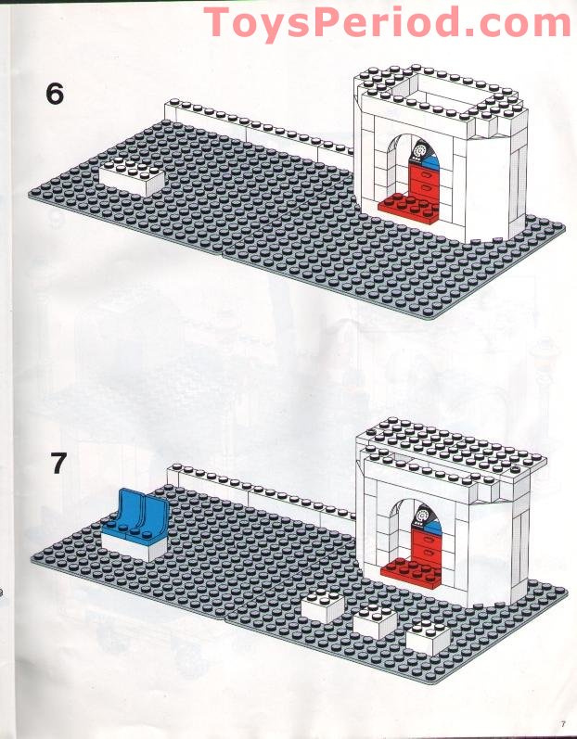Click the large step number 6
click(55, 94)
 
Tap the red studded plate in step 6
click(409, 205)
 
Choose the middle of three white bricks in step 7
click(375, 620)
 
